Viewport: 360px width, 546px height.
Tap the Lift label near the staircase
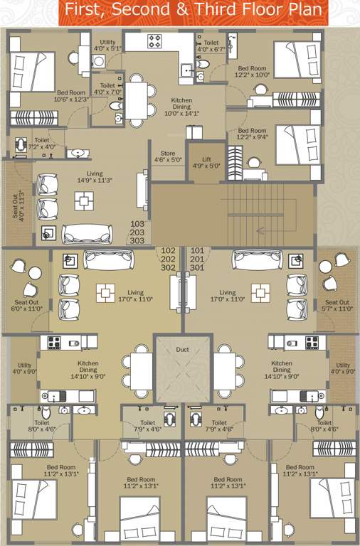point(206,162)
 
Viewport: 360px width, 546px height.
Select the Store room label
point(167,156)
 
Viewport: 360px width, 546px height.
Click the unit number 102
point(169,250)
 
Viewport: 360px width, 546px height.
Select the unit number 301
point(197,268)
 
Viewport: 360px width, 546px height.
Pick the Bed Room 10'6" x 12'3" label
point(71,96)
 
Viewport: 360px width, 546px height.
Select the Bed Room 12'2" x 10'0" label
point(252,72)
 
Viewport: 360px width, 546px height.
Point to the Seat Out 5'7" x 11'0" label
point(337,306)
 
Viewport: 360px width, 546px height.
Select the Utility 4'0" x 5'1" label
point(107,45)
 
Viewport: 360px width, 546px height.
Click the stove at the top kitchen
point(154,42)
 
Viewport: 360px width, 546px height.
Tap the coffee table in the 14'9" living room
point(84,200)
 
